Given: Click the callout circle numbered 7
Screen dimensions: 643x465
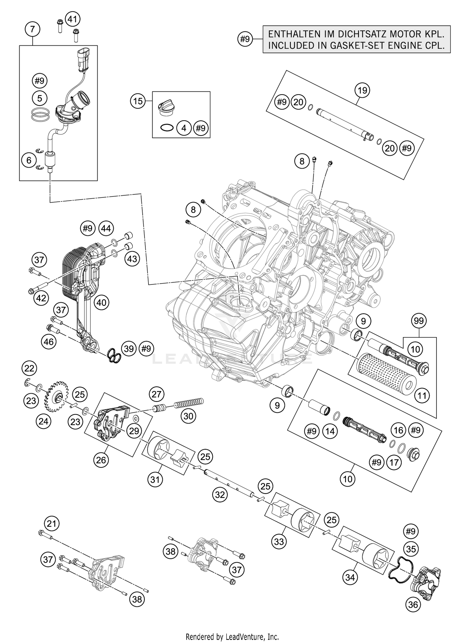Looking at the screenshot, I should click(x=33, y=29).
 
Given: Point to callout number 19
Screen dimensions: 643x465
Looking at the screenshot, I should click(x=362, y=90).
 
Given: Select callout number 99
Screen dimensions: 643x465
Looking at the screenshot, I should click(x=418, y=321).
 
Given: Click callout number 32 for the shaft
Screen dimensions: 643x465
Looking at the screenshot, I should click(x=220, y=495).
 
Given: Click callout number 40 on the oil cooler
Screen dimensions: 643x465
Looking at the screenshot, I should click(x=101, y=302).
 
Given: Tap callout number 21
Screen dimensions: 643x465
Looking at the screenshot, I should click(x=52, y=524).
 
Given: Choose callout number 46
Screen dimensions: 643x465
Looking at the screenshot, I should click(x=49, y=342).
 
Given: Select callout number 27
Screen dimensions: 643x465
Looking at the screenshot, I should click(x=157, y=394).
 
